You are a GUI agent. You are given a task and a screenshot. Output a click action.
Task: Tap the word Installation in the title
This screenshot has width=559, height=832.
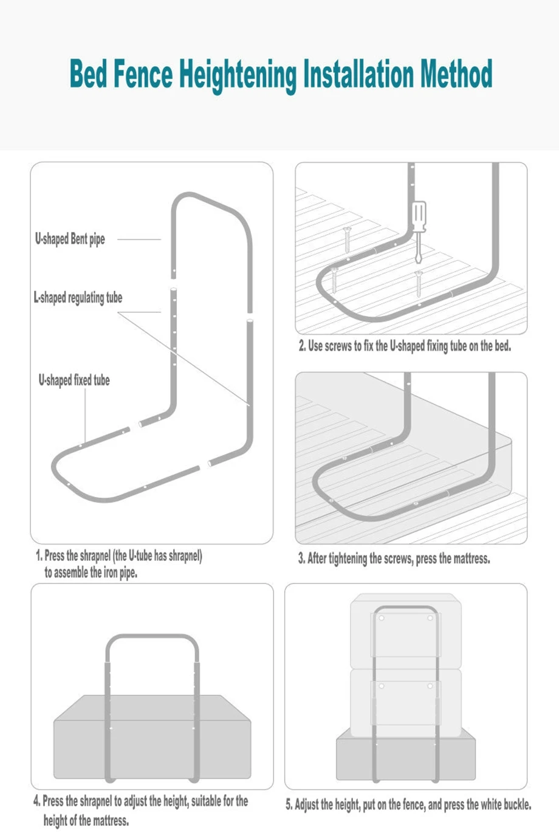tap(359, 75)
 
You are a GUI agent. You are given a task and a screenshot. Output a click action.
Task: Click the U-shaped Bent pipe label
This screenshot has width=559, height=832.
tap(70, 239)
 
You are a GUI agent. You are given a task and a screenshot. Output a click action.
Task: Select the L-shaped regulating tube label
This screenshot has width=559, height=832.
tap(78, 297)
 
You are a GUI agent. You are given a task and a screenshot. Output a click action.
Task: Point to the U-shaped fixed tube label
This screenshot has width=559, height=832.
tap(74, 380)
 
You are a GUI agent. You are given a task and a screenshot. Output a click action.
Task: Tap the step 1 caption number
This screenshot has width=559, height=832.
tap(38, 555)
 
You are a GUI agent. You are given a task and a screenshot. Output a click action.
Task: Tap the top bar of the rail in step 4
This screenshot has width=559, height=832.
tap(153, 637)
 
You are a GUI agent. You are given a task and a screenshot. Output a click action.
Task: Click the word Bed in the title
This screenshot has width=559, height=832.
tap(88, 75)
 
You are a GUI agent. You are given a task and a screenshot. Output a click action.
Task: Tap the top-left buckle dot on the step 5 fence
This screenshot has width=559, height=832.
tap(382, 618)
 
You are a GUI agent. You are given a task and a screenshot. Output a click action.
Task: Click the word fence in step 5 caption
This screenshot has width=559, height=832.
tap(413, 805)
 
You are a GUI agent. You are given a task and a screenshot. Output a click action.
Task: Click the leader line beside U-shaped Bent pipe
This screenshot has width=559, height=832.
tap(139, 239)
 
